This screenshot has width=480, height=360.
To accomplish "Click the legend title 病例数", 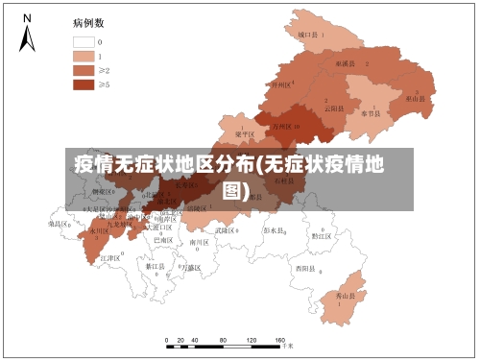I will click(x=88, y=21).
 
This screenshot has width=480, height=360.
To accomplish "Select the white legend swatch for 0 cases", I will click(x=83, y=42).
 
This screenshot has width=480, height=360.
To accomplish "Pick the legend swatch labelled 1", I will click(x=83, y=56).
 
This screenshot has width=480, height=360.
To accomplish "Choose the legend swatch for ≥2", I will click(x=83, y=70).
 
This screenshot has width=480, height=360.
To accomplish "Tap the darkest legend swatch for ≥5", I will click(x=83, y=84).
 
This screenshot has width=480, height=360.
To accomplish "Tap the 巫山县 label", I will click(x=415, y=98).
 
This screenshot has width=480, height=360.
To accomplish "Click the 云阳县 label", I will click(x=333, y=108).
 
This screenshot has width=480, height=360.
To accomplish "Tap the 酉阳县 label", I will click(x=305, y=267).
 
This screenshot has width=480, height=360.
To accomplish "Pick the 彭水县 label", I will click(x=275, y=230).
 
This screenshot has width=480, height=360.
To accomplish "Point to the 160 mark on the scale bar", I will click(x=279, y=340).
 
